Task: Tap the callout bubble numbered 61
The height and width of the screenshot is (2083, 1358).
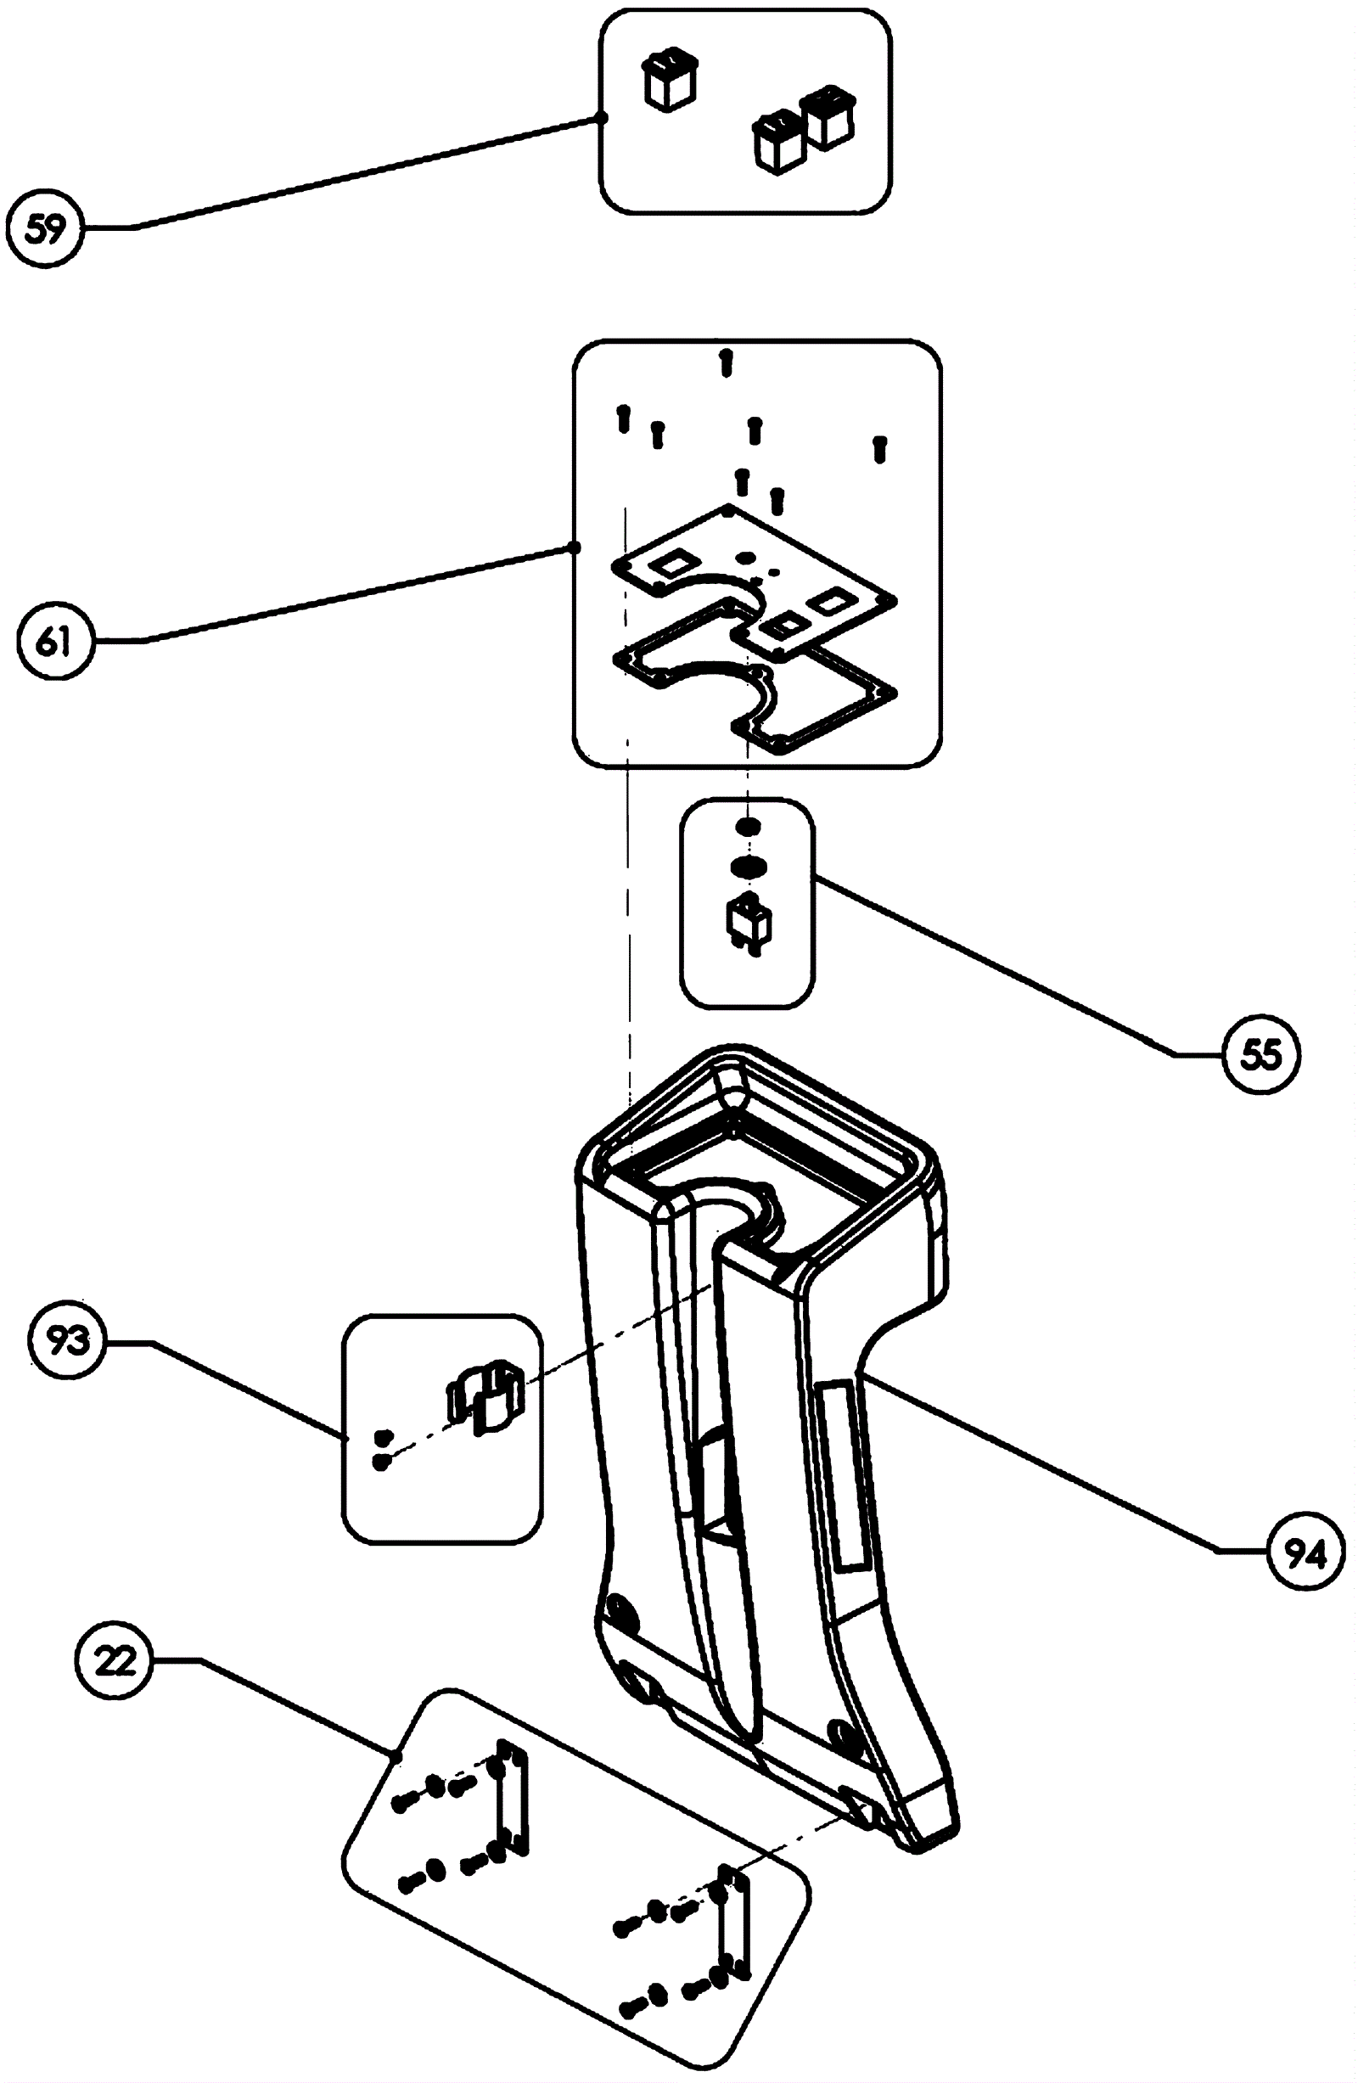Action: [x=54, y=642]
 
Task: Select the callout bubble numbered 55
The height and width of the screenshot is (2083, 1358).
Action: [x=1262, y=1055]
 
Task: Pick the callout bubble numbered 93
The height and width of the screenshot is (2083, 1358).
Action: [x=68, y=1341]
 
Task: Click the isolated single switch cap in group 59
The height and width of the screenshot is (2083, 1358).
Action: [x=671, y=79]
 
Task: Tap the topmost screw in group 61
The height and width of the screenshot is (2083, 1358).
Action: [x=726, y=361]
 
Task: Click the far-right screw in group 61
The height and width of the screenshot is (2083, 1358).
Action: [x=880, y=448]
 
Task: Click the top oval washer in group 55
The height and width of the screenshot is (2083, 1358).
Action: [x=746, y=826]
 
